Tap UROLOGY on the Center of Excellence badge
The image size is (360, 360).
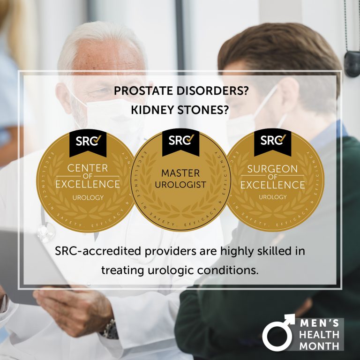coord(88,197)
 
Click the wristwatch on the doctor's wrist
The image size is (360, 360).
coord(111,329)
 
